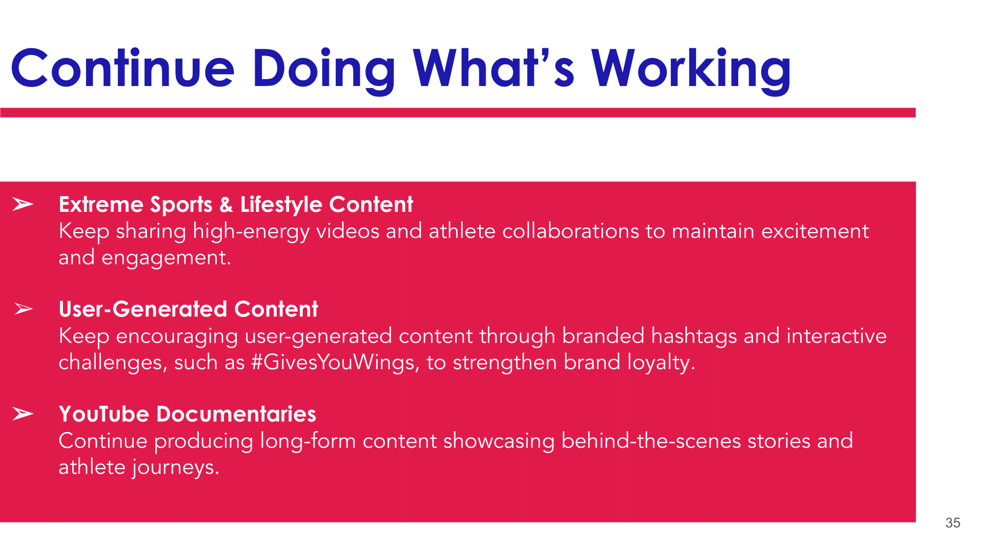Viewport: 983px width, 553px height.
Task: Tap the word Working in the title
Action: (x=691, y=69)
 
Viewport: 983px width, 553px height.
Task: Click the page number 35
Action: (x=953, y=523)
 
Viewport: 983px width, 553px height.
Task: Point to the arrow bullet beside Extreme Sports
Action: (x=23, y=204)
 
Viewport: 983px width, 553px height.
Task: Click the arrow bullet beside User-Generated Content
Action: (x=24, y=309)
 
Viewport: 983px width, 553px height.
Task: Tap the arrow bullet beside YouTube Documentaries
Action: (x=23, y=414)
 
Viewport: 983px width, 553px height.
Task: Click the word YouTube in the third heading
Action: (x=104, y=414)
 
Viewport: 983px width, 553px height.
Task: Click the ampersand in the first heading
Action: (x=226, y=204)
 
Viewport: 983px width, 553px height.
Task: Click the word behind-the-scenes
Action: (x=651, y=440)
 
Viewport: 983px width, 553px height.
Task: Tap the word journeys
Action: (x=175, y=467)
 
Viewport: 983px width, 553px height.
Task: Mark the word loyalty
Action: (x=661, y=363)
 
